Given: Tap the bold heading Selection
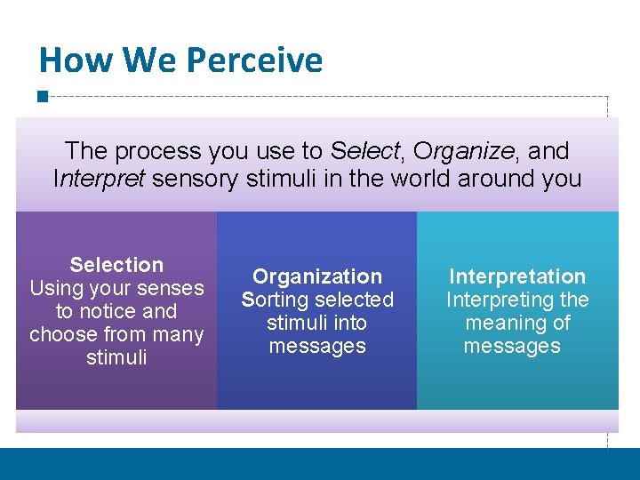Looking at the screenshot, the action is coord(116,265).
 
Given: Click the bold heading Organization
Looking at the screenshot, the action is coord(317,276).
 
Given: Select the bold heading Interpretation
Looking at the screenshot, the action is coord(517,276).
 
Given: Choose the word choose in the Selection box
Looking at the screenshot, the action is coord(60,334).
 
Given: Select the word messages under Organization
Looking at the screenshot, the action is coord(317,346).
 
